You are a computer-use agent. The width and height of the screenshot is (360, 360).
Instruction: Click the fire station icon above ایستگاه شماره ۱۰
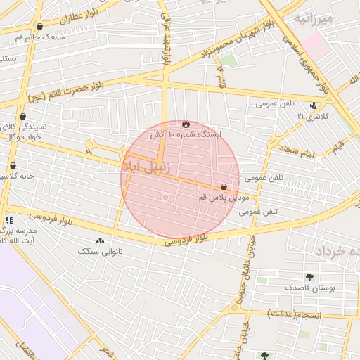(x=186, y=124)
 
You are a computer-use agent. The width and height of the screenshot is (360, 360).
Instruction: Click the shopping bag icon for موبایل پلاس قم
(x=224, y=187)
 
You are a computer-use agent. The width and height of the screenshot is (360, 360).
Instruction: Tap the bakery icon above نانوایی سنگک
(x=101, y=240)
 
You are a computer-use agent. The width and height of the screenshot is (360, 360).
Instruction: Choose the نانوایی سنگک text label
(x=101, y=251)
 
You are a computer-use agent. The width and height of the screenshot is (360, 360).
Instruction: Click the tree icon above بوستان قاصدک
(x=309, y=277)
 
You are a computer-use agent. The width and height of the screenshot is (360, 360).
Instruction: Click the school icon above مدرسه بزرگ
(x=9, y=220)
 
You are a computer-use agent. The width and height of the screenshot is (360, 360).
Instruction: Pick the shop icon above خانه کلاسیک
(x=13, y=166)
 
